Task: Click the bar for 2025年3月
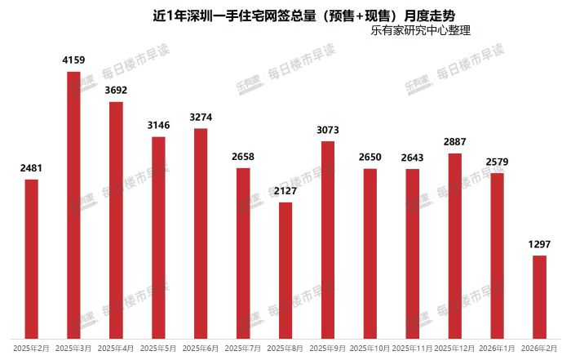(73, 204)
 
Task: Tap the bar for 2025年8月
(285, 269)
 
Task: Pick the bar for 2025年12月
(455, 245)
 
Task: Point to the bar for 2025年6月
(201, 233)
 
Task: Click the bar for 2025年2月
(31, 258)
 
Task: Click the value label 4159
(73, 60)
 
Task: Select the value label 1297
(540, 245)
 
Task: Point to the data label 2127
(285, 191)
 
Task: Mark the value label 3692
(116, 91)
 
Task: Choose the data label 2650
(370, 157)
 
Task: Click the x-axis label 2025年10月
(370, 349)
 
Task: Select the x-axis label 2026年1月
(498, 349)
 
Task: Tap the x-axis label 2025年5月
(158, 349)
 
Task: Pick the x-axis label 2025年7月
(243, 349)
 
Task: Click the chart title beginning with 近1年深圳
(285, 15)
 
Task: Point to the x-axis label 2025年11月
(413, 349)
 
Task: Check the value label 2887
(455, 142)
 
